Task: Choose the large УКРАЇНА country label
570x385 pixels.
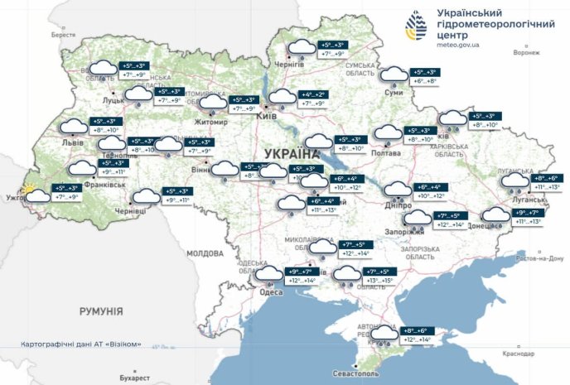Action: tap(292, 154)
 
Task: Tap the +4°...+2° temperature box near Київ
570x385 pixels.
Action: tap(316, 95)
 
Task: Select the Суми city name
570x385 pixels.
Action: tap(394, 93)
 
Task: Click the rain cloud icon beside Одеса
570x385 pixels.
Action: tap(268, 276)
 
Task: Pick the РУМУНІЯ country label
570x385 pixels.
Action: tap(101, 311)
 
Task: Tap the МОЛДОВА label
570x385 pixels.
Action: tap(205, 253)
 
